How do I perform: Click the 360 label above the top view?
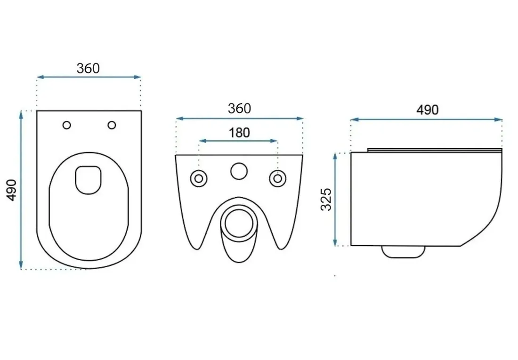click(88, 68)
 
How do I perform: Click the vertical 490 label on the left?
click(12, 190)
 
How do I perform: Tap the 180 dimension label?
click(239, 133)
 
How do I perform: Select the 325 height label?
click(326, 199)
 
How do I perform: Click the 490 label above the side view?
click(427, 110)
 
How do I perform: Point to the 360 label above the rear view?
click(239, 108)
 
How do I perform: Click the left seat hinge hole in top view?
click(67, 125)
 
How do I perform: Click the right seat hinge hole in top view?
click(112, 125)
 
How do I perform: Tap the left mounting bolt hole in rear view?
click(199, 179)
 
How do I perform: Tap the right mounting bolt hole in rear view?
click(278, 179)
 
